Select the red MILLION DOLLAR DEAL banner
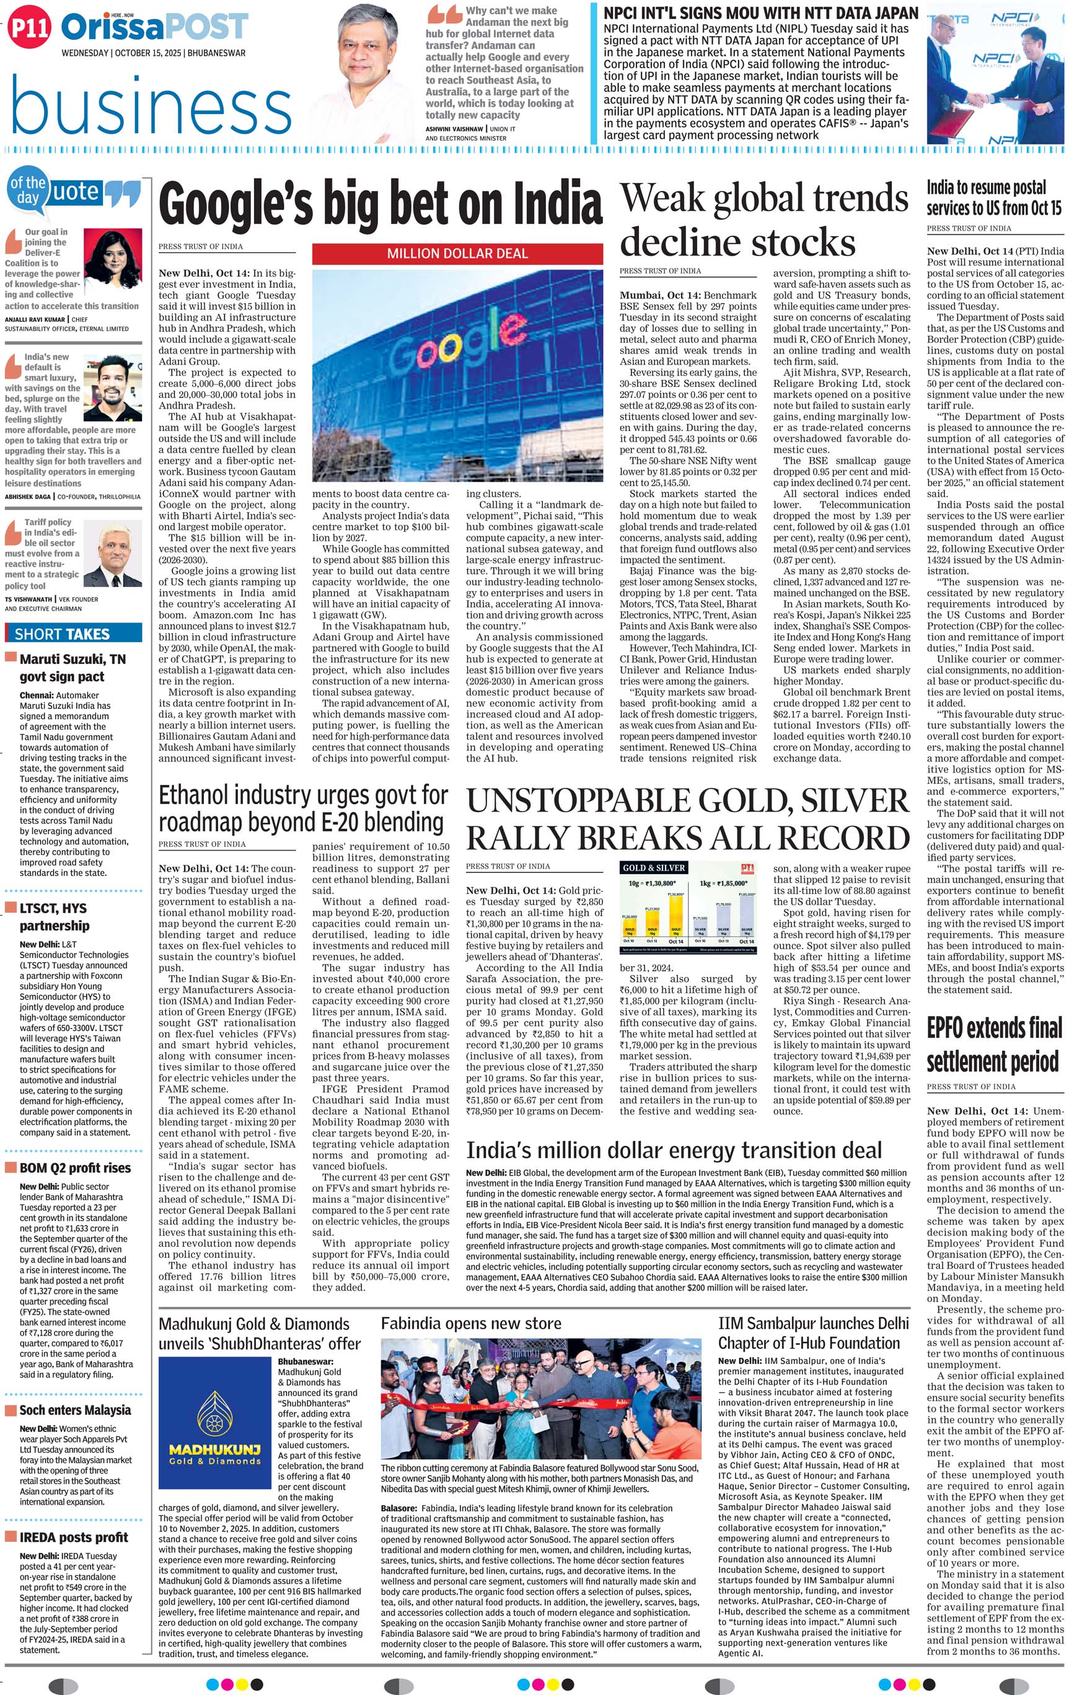tap(457, 254)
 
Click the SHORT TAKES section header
tap(62, 634)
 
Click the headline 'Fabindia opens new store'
tap(471, 1324)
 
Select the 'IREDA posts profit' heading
tap(73, 1538)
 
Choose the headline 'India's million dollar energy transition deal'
tap(674, 1151)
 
